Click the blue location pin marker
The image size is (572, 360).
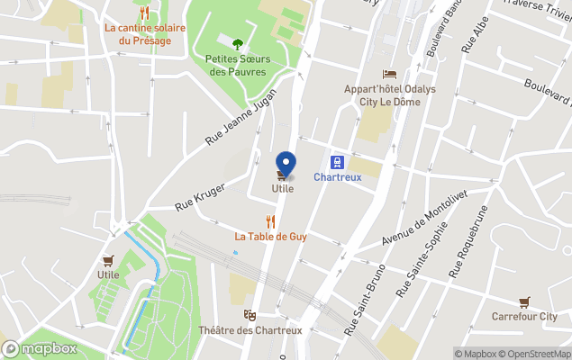pyautogui.click(x=286, y=163)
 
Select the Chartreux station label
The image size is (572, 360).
pyautogui.click(x=338, y=177)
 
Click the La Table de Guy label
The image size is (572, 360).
pyautogui.click(x=271, y=237)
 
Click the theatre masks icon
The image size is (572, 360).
pyautogui.click(x=249, y=315)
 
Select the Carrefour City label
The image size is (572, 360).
pyautogui.click(x=524, y=317)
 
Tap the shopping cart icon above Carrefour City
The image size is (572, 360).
pyautogui.click(x=524, y=301)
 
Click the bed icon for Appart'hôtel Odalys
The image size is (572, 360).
pyautogui.click(x=388, y=74)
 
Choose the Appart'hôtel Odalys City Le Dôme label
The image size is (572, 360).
pyautogui.click(x=388, y=94)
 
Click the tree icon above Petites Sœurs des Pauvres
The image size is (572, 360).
pyautogui.click(x=238, y=43)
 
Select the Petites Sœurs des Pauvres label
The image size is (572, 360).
pyautogui.click(x=238, y=65)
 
